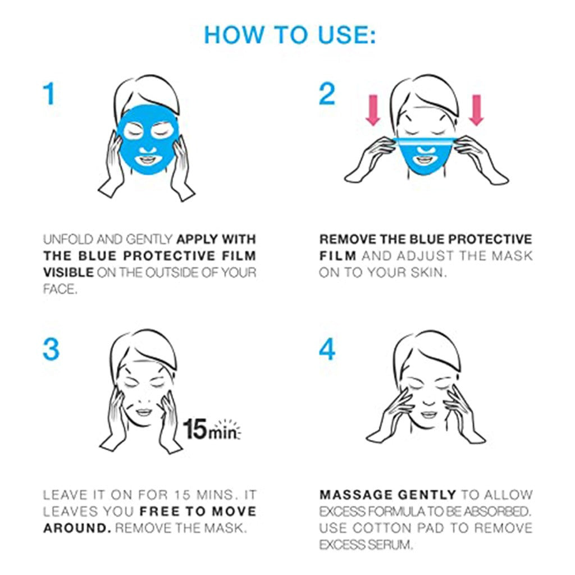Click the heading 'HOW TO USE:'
[x=290, y=35]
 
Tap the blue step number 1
[x=49, y=94]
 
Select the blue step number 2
[x=327, y=94]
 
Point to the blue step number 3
[x=51, y=349]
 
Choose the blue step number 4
[x=327, y=349]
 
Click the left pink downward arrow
[x=373, y=110]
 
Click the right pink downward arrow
[x=476, y=110]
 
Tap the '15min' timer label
[x=212, y=429]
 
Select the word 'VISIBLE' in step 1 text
[x=69, y=272]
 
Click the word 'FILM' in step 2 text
[x=337, y=255]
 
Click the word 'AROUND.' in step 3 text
[x=77, y=528]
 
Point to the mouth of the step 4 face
[x=428, y=415]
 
